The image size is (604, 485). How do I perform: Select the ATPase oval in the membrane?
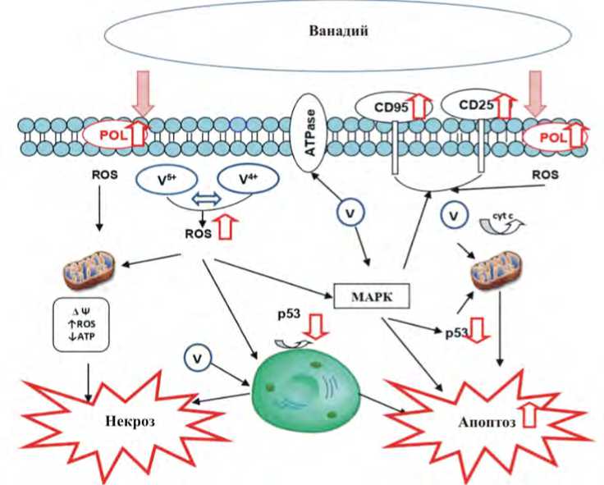(x=312, y=132)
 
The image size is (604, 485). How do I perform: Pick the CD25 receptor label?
(x=474, y=106)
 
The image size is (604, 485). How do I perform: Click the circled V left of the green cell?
(x=198, y=357)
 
